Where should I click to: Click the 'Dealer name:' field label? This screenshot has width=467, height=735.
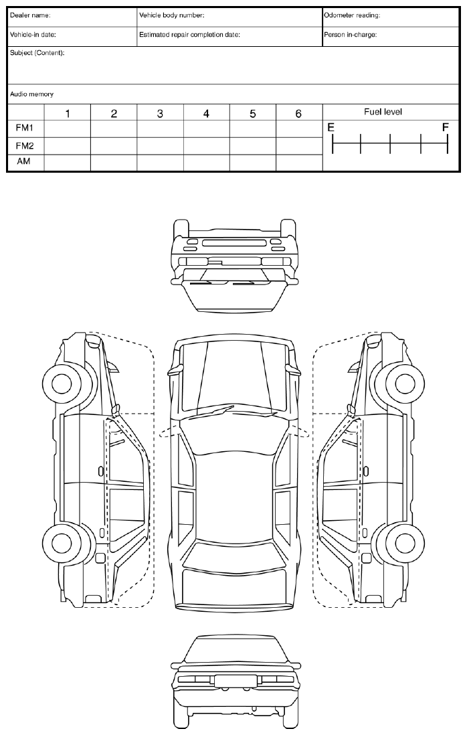tap(30, 15)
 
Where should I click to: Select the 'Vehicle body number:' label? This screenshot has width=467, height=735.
tap(171, 15)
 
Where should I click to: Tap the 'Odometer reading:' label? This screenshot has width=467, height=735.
tap(351, 15)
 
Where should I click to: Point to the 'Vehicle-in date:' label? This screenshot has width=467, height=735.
tap(33, 34)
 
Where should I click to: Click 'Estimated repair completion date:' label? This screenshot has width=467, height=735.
tap(189, 34)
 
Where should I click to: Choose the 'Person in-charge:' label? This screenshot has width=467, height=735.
tap(350, 34)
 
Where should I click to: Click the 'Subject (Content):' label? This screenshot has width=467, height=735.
tap(37, 53)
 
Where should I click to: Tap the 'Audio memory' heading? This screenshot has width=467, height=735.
tap(31, 94)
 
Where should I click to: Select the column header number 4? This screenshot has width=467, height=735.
tap(206, 114)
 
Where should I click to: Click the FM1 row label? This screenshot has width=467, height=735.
tap(25, 128)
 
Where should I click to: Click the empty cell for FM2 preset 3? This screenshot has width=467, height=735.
tap(160, 145)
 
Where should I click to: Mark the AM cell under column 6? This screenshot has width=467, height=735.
tap(298, 161)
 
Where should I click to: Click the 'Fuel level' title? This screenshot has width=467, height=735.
tap(383, 112)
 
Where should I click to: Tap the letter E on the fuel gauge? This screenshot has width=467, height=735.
tap(330, 127)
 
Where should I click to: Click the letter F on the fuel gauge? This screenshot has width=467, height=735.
tap(445, 127)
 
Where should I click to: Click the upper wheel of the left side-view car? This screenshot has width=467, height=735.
tap(62, 383)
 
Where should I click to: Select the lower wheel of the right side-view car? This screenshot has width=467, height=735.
tap(405, 541)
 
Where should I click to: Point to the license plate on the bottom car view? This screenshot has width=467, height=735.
tap(233, 681)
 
